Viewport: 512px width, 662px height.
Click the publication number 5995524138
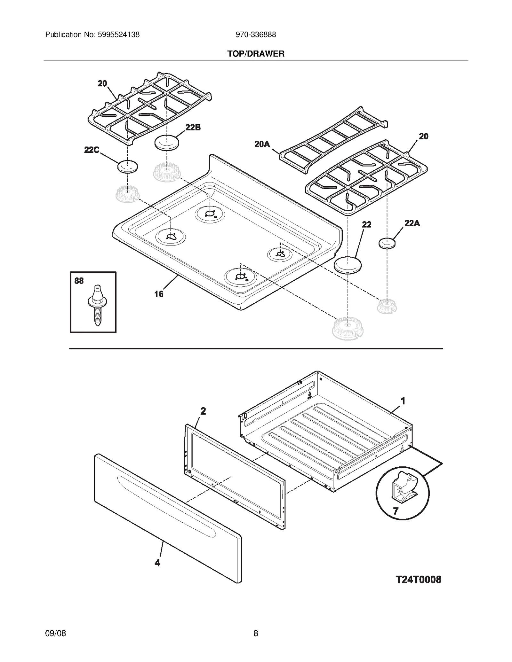point(118,35)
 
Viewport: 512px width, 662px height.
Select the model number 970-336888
point(256,35)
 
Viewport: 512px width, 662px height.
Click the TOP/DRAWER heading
point(256,54)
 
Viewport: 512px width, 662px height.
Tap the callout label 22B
point(193,128)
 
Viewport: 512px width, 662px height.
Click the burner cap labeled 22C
point(128,167)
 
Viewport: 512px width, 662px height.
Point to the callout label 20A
point(262,144)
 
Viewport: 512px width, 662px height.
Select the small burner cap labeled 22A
point(387,243)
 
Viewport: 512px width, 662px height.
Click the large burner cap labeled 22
point(348,265)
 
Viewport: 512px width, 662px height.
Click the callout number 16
point(159,294)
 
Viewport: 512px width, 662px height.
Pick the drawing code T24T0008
point(418,580)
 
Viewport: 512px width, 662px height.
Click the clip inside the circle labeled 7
point(404,489)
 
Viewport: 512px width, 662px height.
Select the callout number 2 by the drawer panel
point(203,411)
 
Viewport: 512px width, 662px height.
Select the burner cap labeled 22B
point(167,143)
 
